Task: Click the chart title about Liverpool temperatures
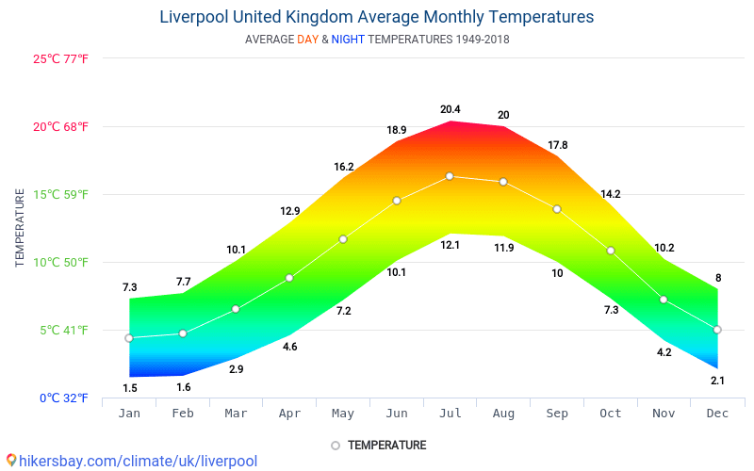[x=377, y=17]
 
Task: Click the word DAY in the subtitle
[x=307, y=40]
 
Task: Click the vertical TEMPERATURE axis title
[x=20, y=227]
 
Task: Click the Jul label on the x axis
[x=450, y=414]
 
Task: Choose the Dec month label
[x=717, y=414]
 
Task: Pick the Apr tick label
[x=289, y=414]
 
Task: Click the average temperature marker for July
[x=450, y=176]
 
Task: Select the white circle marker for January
[x=129, y=338]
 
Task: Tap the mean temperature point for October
[x=611, y=251]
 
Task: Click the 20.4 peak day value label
[x=450, y=110]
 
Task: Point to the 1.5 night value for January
[x=129, y=388]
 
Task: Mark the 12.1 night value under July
[x=450, y=246]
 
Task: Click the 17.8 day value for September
[x=557, y=145]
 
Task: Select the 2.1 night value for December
[x=717, y=381]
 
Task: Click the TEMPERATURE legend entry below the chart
[x=385, y=446]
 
